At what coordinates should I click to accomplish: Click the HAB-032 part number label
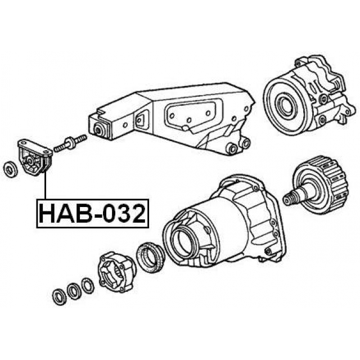[92, 214]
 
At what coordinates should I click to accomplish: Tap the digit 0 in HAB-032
[110, 214]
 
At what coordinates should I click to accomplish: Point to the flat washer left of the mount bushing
[10, 169]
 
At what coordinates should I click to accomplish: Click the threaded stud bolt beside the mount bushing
[70, 143]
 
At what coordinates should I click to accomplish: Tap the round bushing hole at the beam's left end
[100, 130]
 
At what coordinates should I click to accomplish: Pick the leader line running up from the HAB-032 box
[46, 186]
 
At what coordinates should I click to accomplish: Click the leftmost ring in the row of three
[59, 298]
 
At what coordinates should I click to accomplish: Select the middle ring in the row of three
[74, 291]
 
